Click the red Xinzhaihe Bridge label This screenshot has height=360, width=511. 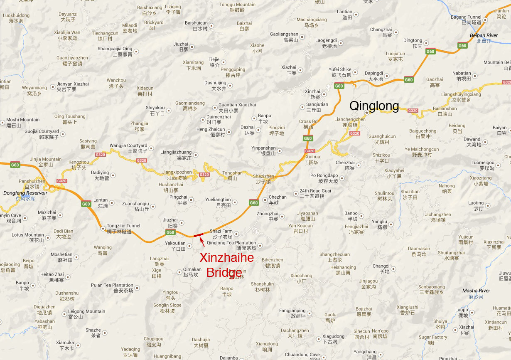[x=226, y=265]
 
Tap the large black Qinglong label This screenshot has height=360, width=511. [x=374, y=106]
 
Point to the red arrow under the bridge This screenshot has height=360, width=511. [x=201, y=240]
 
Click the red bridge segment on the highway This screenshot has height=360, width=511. [x=198, y=235]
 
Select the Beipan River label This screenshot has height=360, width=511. [x=484, y=36]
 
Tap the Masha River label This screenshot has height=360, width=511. [x=476, y=291]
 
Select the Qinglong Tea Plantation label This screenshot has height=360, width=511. [x=231, y=243]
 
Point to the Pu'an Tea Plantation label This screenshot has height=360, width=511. [x=112, y=285]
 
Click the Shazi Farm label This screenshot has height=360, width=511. [x=221, y=231]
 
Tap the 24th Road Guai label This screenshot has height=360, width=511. [x=315, y=191]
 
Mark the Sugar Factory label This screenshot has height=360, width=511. [x=433, y=337]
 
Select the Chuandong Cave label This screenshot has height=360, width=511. [x=302, y=355]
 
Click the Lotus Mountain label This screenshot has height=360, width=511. [x=23, y=235]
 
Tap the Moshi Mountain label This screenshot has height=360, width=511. [x=23, y=120]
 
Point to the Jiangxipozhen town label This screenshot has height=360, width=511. [x=177, y=172]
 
